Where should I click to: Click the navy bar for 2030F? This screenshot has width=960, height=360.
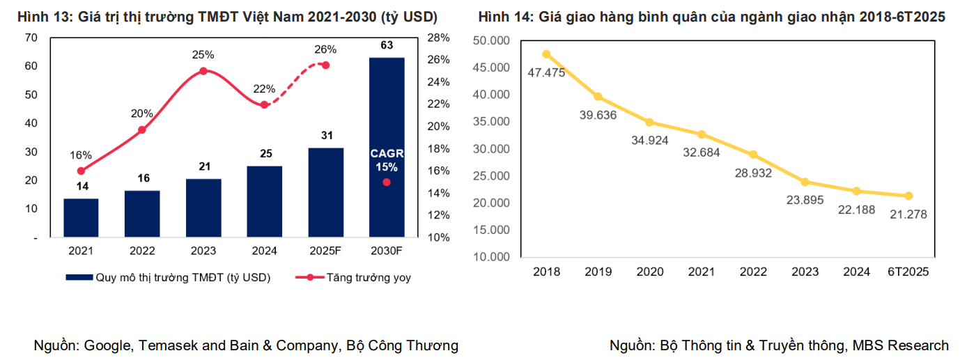tap(387, 147)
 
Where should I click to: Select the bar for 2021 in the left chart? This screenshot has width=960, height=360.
tap(81, 218)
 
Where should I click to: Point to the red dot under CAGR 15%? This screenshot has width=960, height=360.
tap(387, 182)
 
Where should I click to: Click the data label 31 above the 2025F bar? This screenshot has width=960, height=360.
tap(325, 136)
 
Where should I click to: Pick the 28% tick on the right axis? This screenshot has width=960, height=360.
tap(437, 38)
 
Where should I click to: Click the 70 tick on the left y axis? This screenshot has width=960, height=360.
tap(31, 38)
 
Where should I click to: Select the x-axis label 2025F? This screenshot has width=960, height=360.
tap(325, 251)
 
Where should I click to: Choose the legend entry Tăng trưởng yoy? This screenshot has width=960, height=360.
tap(368, 277)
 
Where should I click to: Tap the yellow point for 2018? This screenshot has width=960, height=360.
tap(546, 54)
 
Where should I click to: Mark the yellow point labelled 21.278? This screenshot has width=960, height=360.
tap(908, 196)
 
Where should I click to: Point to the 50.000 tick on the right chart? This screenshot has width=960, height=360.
tap(492, 40)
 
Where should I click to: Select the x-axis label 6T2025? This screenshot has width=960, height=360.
tap(908, 272)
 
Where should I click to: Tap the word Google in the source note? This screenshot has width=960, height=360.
tap(108, 345)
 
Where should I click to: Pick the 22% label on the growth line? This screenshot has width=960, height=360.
tap(264, 89)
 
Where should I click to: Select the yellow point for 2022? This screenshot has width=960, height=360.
tap(753, 155)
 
